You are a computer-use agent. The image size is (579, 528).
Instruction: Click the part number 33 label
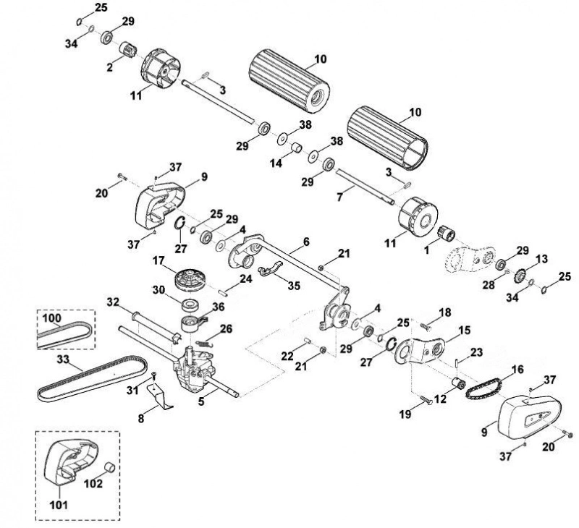[64, 359]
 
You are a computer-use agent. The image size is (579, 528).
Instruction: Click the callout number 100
[52, 318]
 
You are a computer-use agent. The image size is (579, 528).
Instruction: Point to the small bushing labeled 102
[109, 467]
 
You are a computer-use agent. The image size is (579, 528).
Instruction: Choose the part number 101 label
[59, 503]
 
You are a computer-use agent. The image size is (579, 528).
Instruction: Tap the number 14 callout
[276, 162]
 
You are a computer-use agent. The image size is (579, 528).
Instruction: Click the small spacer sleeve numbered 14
[297, 148]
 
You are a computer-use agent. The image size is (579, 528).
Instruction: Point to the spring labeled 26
[204, 343]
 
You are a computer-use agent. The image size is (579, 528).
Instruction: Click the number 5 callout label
[201, 401]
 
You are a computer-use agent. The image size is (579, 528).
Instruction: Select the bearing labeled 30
[191, 305]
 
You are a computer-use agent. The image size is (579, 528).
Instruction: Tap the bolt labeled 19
[426, 400]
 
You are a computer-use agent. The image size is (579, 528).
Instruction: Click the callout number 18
[444, 312]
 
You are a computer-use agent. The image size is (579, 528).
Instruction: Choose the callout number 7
[339, 197]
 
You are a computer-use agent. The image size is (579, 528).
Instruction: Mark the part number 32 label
[114, 302]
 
